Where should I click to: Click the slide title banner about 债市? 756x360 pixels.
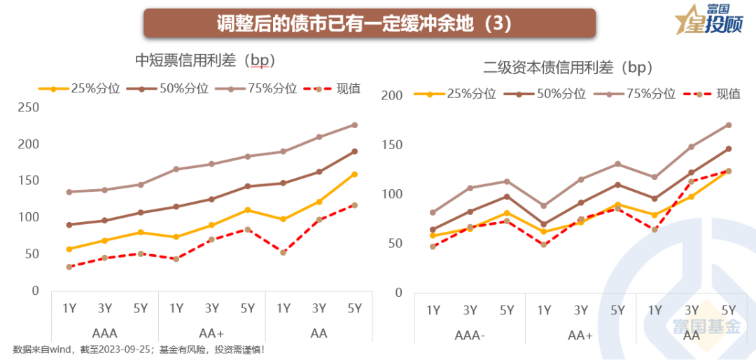point(370,23)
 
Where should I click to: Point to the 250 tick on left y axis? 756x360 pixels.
point(29,108)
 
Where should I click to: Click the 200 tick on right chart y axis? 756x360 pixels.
point(393,95)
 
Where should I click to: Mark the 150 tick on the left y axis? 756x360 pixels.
point(29,181)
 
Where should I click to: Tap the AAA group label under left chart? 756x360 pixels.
point(105,333)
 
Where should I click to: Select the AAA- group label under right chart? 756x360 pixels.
point(470,335)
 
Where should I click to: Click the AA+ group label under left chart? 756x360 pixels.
point(211,333)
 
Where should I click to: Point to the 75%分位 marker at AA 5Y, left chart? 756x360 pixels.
point(354,125)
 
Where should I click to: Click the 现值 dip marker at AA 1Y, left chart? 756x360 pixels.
point(283,252)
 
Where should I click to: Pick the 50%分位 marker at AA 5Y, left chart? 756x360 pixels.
point(354,151)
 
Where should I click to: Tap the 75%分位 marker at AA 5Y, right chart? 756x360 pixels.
point(728,125)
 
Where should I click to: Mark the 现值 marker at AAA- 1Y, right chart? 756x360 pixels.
point(433,247)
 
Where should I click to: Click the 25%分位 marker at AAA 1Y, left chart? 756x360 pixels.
point(69,249)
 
